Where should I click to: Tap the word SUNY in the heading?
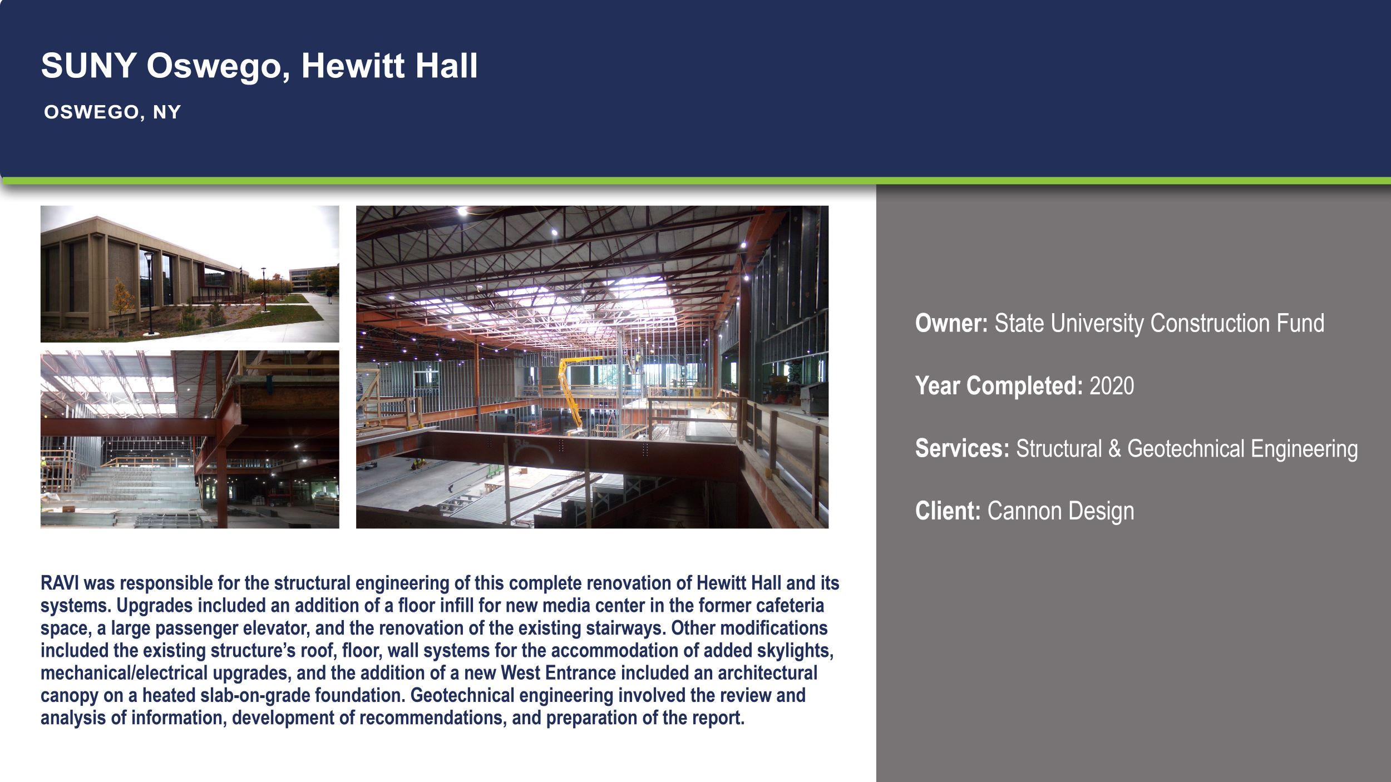(x=89, y=66)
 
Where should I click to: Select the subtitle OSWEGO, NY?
(x=112, y=112)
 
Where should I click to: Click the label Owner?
(x=951, y=324)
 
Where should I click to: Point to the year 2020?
(x=1111, y=386)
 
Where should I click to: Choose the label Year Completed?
(x=999, y=386)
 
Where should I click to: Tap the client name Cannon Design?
(x=1060, y=511)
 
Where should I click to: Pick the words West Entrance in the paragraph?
(x=558, y=673)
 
